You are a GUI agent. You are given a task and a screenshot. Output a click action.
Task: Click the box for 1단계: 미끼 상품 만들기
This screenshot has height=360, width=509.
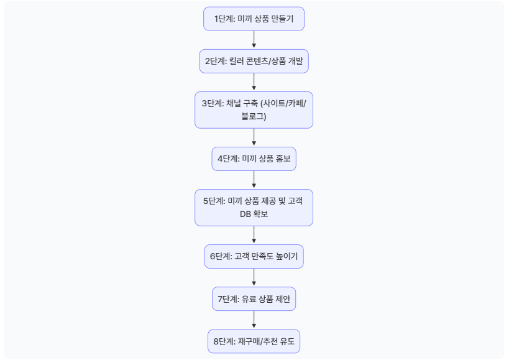coord(254,19)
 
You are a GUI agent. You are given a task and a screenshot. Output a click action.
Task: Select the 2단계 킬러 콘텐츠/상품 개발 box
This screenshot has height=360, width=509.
coord(254,62)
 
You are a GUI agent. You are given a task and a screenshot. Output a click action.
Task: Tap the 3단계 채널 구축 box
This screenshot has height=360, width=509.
coord(254,110)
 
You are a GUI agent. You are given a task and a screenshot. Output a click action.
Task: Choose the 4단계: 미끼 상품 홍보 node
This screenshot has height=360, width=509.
coord(254,159)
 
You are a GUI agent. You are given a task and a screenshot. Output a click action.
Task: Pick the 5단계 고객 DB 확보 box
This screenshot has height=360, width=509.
coord(254,207)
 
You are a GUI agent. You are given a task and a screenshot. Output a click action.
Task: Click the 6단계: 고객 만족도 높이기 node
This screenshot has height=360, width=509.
coord(254,256)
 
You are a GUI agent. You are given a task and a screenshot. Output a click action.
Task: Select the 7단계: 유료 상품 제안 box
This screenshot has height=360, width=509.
coord(254,299)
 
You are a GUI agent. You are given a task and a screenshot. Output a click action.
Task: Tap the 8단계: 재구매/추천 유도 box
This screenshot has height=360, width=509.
coord(254,341)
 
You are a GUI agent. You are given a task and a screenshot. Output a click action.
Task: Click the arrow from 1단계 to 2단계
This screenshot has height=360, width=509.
coord(254,40)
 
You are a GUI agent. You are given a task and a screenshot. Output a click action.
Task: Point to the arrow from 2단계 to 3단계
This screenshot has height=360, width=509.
coord(254,82)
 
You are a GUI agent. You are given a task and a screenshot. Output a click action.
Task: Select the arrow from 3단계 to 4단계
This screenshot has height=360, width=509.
coord(254,137)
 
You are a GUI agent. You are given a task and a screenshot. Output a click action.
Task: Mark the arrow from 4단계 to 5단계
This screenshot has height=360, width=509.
coord(254,180)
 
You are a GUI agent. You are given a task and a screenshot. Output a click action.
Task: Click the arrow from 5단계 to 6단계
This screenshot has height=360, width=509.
coord(254,234)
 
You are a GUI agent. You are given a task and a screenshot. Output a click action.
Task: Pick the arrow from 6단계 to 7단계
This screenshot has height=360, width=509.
coord(254,277)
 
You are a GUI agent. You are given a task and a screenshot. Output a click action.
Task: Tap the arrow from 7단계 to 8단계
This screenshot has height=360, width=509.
coord(254,320)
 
